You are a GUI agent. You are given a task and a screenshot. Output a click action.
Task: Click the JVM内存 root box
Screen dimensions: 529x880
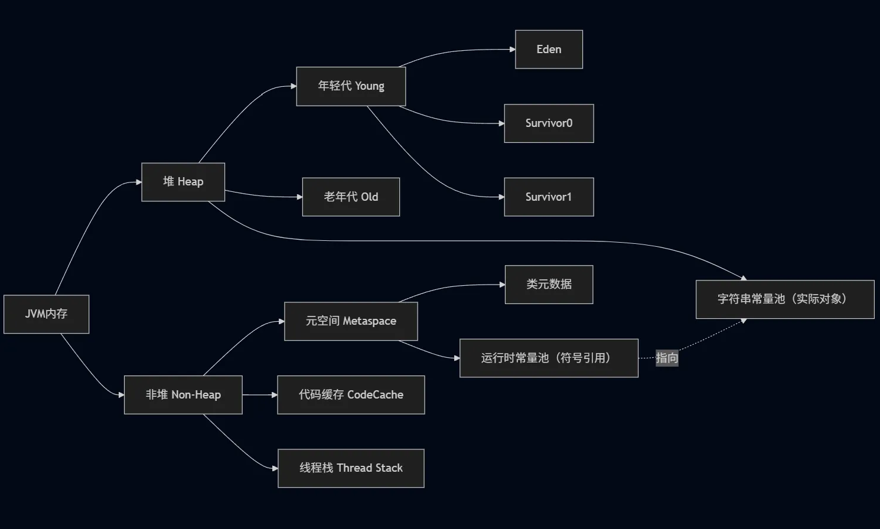(x=46, y=314)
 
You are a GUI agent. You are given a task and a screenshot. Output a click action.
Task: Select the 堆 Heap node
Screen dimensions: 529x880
(x=183, y=182)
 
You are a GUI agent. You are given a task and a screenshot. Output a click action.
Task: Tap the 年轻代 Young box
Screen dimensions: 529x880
(x=351, y=86)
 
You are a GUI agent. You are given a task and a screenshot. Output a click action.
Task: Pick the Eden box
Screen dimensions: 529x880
(x=549, y=50)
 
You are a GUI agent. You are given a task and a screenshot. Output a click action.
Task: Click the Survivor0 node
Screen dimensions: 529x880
(x=549, y=123)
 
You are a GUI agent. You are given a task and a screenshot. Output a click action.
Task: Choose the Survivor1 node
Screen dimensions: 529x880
(x=549, y=197)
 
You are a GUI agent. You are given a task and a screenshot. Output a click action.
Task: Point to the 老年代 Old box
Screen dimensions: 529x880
(x=351, y=197)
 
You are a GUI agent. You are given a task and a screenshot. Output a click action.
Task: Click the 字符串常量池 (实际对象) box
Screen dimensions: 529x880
(x=784, y=299)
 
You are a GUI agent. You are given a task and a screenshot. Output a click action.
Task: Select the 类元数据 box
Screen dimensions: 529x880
(x=549, y=285)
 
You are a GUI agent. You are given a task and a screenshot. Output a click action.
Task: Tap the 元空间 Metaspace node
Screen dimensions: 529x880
(x=351, y=321)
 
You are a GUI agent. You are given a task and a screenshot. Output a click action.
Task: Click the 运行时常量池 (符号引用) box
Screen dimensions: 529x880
(x=549, y=358)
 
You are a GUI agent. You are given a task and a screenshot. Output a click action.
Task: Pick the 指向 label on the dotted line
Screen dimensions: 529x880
(x=667, y=358)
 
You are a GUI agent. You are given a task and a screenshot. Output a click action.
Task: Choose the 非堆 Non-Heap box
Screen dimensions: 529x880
(x=183, y=395)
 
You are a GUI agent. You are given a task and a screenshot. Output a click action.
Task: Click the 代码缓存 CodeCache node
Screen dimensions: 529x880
(x=351, y=395)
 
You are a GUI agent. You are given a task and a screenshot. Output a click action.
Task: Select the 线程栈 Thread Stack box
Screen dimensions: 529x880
(x=351, y=468)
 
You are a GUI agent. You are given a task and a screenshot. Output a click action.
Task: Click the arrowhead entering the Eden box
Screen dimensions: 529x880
(x=512, y=50)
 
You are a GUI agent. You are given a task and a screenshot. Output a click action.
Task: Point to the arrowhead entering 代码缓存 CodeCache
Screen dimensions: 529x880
(x=274, y=395)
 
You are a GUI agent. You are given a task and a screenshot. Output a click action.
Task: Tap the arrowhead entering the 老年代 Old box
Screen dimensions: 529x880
(x=299, y=197)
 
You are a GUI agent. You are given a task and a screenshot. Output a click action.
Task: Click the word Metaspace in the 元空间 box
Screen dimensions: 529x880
(x=369, y=321)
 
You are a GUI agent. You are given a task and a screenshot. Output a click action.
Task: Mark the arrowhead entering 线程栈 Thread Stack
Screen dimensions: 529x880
(x=275, y=468)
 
